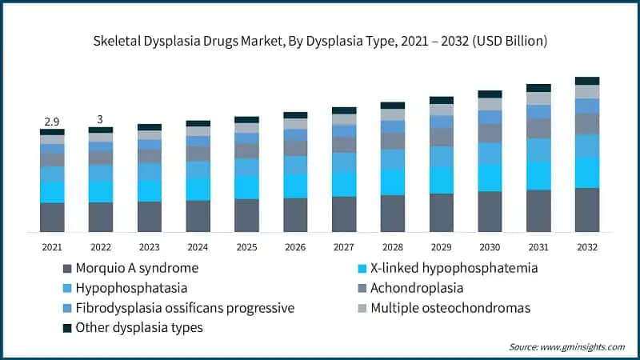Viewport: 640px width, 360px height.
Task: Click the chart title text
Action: click(x=320, y=39)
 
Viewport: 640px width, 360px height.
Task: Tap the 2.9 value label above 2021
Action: click(x=51, y=121)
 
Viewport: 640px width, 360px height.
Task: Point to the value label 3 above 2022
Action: click(x=100, y=118)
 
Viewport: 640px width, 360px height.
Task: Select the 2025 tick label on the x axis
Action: click(x=246, y=247)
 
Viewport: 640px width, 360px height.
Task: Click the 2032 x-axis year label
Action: click(x=587, y=247)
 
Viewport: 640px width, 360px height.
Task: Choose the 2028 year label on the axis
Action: click(x=392, y=247)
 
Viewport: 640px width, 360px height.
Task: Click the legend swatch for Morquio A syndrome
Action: click(x=66, y=268)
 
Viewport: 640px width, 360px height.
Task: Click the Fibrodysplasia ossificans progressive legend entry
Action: click(x=185, y=308)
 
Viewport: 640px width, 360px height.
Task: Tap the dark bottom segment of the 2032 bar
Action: click(x=587, y=210)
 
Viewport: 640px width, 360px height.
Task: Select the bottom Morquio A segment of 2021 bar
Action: click(x=52, y=218)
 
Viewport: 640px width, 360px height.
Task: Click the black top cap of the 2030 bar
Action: click(x=490, y=94)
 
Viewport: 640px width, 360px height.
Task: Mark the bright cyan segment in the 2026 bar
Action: click(x=295, y=186)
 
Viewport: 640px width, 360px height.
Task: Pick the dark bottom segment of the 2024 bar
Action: click(x=198, y=216)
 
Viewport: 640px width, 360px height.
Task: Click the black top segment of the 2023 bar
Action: click(x=149, y=127)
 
